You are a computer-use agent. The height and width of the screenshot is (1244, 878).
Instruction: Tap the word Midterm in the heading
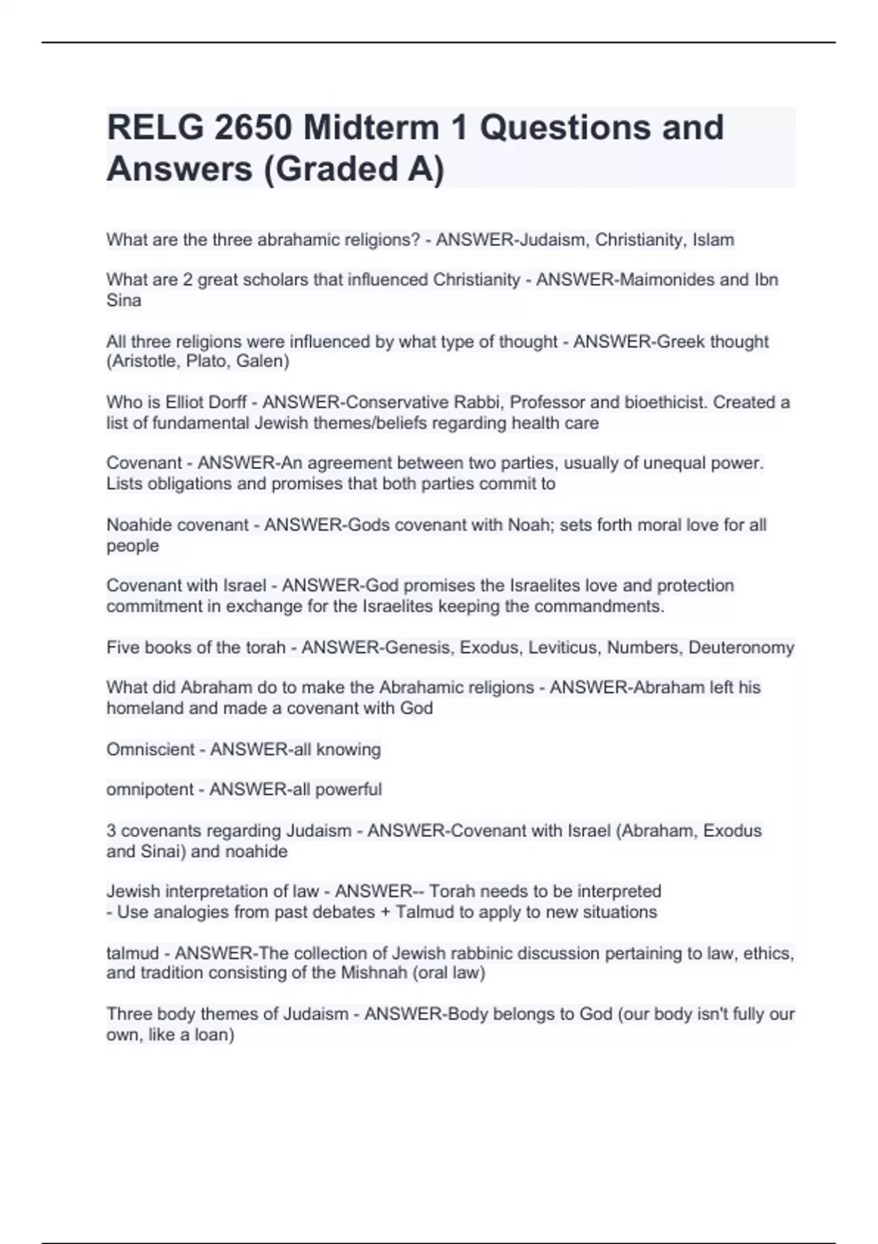pos(381,127)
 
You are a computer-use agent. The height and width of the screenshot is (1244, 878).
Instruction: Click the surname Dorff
pos(226,402)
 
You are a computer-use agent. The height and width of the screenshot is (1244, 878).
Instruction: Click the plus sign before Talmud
pos(385,913)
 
